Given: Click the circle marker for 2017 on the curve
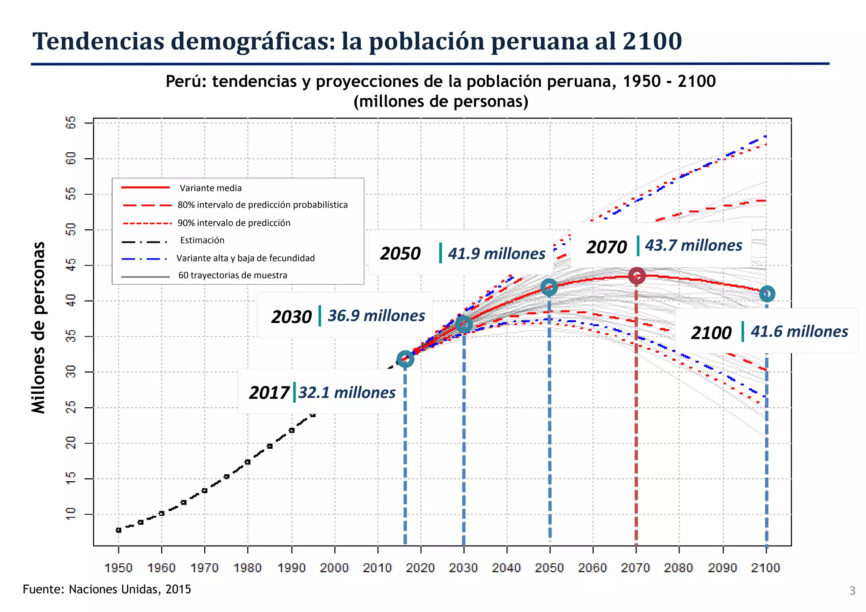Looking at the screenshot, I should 405,359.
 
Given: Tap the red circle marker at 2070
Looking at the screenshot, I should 636,276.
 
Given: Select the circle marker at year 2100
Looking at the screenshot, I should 767,294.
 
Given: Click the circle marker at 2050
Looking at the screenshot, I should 549,288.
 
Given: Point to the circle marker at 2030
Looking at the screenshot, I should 464,324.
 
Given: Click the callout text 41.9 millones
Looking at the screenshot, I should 496,254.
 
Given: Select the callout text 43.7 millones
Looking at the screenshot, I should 693,245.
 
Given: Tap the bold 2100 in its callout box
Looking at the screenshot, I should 711,333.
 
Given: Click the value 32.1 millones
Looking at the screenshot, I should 347,392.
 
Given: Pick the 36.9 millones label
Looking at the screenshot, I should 376,316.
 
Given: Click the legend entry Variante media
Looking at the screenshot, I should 210,188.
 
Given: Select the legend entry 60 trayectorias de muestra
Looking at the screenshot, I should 233,275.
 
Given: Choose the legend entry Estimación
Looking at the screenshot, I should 202,240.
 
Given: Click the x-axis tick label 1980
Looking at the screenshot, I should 248,568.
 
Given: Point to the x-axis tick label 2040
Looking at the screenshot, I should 507,568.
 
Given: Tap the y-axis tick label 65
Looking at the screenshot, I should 71,123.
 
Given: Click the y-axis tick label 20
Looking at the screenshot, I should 71,443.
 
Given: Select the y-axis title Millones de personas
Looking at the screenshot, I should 38,327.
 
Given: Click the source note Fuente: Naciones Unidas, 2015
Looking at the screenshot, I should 107,589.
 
